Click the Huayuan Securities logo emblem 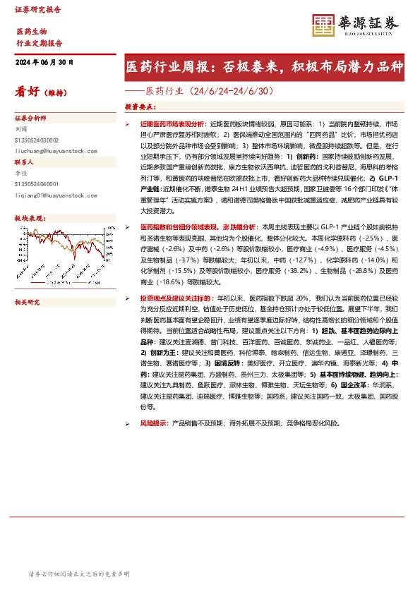(324, 25)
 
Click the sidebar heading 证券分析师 (30, 119)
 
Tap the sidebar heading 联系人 (25, 161)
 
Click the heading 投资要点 (141, 107)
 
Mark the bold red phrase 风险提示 (154, 423)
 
